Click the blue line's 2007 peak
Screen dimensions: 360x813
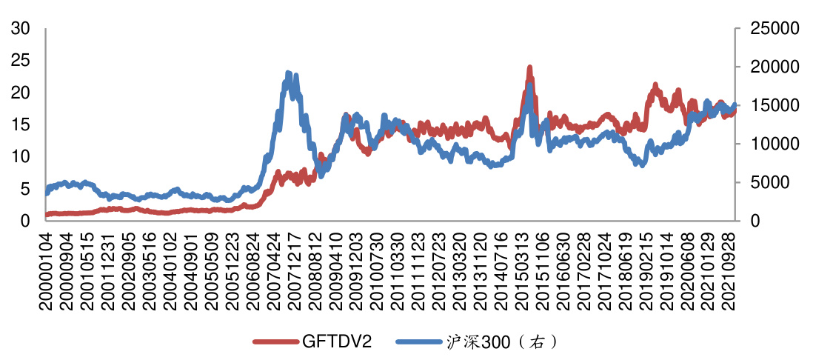pyautogui.click(x=288, y=73)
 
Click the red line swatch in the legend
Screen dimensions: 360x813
pyautogui.click(x=276, y=341)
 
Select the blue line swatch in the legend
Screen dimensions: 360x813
pyautogui.click(x=419, y=341)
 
